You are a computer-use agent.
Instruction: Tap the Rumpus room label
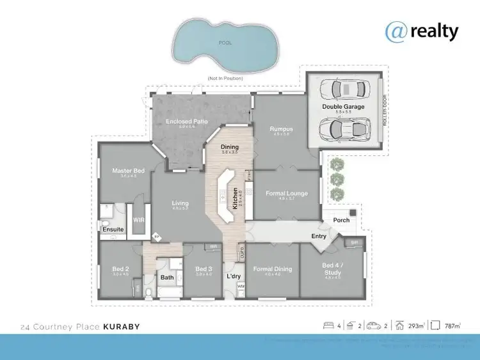coord(280,129)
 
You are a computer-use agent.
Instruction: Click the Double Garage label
coord(343,107)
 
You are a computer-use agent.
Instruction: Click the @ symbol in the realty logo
coord(396,31)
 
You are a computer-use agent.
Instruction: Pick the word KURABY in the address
coord(119,327)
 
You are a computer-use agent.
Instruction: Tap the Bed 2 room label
coord(120,269)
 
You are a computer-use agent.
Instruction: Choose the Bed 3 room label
coord(204,269)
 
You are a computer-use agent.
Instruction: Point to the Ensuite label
coord(113,229)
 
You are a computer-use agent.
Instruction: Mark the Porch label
coord(342,221)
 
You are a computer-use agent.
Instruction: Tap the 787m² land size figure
coord(453,326)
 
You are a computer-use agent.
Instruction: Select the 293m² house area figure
coord(417,326)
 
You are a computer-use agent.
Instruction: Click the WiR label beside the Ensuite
coord(138,219)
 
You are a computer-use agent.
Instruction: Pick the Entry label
coord(319,237)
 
